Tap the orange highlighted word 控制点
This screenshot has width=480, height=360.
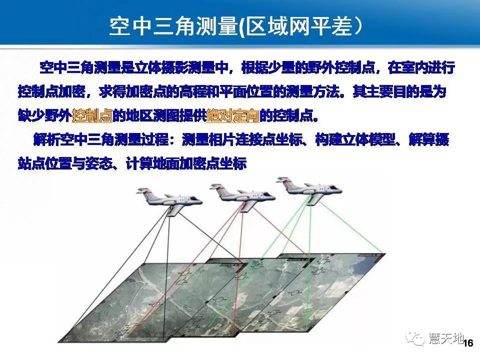click(92, 116)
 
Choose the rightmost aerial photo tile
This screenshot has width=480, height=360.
click(330, 280)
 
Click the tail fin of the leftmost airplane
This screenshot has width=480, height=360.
click(142, 192)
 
